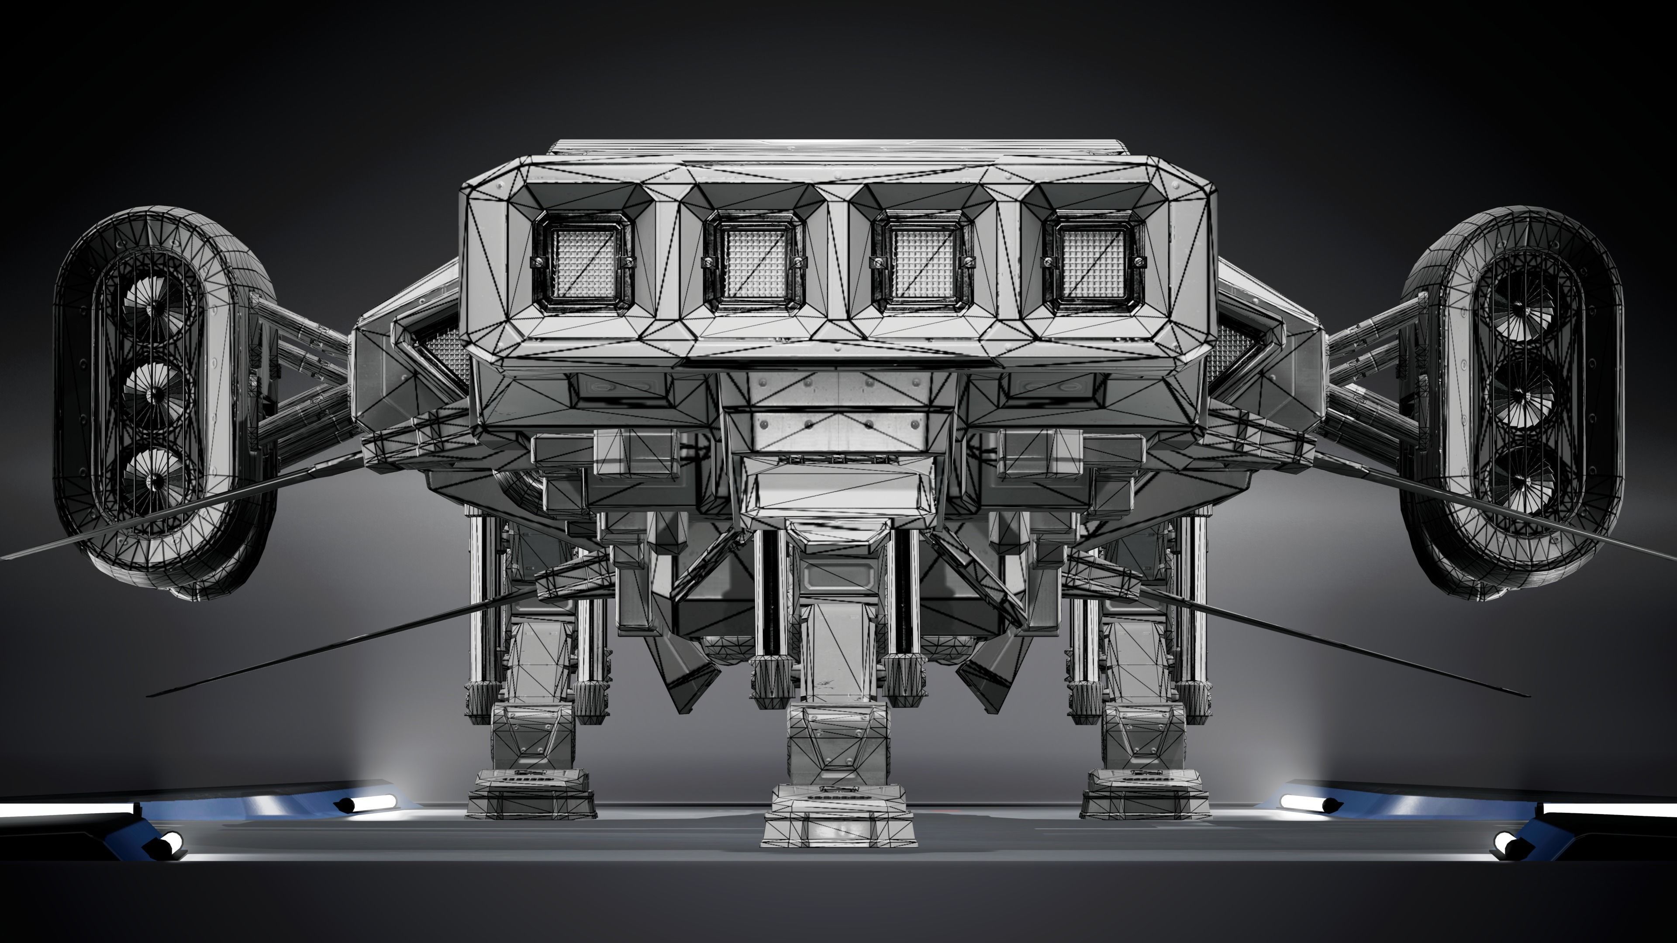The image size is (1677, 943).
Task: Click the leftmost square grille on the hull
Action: pos(583,262)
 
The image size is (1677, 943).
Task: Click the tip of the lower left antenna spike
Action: pos(150,695)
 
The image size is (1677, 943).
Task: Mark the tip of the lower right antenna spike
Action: pos(1527,695)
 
